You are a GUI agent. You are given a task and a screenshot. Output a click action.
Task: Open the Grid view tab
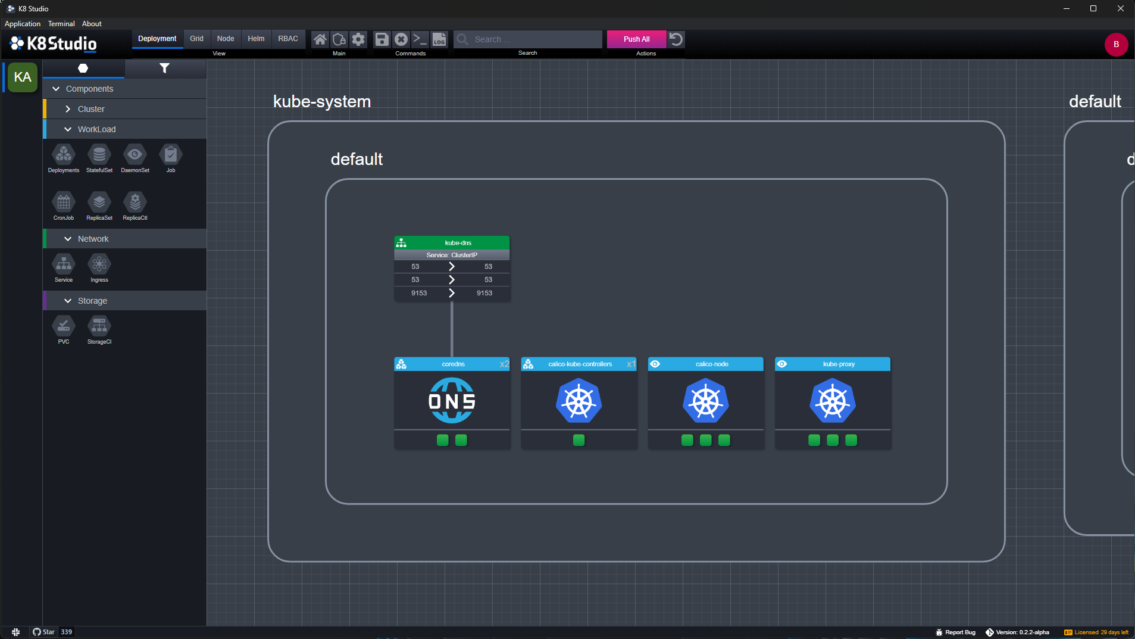click(x=196, y=39)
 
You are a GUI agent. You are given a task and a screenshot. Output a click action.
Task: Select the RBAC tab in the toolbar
click(x=288, y=39)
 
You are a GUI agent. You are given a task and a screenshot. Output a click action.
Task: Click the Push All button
click(x=636, y=39)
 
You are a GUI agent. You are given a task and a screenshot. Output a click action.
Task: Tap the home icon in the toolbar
click(x=320, y=39)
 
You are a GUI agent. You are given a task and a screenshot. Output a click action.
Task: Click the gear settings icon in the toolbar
click(x=358, y=39)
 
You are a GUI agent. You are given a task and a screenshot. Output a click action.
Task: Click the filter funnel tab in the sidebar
click(x=165, y=68)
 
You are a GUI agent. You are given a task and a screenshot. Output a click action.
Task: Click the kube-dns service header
click(x=452, y=243)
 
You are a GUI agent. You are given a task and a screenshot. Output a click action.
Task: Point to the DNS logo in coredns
click(x=452, y=401)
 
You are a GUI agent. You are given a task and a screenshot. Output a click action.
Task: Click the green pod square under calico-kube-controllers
click(x=579, y=440)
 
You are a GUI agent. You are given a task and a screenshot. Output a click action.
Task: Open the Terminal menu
click(x=61, y=24)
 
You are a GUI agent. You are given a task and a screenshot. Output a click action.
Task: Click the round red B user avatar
click(x=1116, y=45)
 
